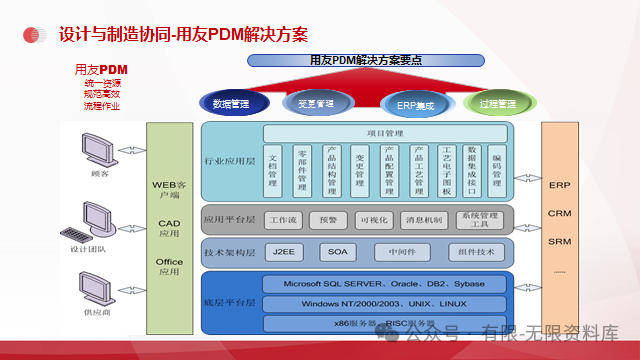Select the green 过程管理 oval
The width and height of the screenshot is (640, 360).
pos(497,103)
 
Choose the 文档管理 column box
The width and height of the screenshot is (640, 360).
pos(273,172)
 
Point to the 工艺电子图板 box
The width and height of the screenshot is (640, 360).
pos(444,172)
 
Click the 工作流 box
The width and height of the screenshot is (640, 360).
pos(284,219)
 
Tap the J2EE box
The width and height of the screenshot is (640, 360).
pos(284,251)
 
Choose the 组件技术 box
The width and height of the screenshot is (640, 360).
pos(477,251)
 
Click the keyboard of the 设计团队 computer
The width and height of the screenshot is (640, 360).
pos(76,237)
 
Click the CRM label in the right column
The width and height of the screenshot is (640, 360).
pos(559,213)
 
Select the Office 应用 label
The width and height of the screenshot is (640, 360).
pos(169,266)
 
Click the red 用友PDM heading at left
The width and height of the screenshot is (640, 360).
pos(101,69)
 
